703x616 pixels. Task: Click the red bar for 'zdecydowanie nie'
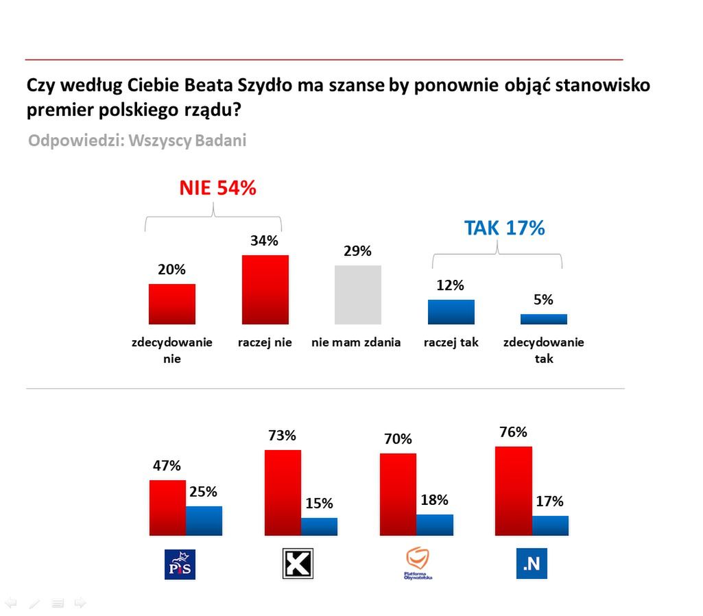tap(172, 304)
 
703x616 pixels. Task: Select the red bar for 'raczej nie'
tap(265, 289)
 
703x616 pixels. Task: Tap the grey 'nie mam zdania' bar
tap(358, 294)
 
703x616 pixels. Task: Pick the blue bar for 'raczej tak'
tap(451, 311)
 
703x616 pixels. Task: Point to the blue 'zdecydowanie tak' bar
tap(544, 319)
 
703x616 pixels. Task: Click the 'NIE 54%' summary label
tap(217, 189)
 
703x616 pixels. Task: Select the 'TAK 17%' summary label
tap(504, 228)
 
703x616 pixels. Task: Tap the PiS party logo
tap(180, 564)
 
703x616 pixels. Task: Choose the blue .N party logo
tap(532, 564)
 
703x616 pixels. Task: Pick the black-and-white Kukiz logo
tap(298, 564)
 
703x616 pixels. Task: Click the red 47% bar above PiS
tap(168, 508)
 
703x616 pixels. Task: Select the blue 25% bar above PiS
tap(204, 521)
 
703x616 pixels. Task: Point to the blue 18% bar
tap(435, 525)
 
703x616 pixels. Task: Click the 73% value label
tap(282, 436)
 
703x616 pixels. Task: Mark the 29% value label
tap(357, 251)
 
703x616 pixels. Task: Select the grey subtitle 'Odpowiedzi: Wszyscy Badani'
tap(137, 141)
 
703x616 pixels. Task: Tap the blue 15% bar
tap(319, 526)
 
